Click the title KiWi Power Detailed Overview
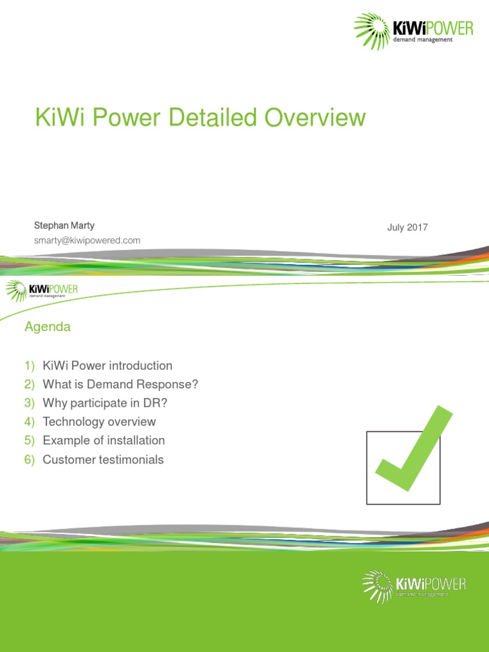click(x=201, y=118)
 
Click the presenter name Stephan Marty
click(x=64, y=226)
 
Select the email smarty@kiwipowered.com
click(x=87, y=240)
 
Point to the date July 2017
click(x=407, y=227)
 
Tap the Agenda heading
click(x=47, y=327)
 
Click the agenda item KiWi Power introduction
click(x=107, y=366)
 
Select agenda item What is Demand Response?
click(x=120, y=385)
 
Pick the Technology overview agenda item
click(x=99, y=422)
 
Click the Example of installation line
click(x=103, y=441)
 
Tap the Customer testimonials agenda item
click(x=103, y=460)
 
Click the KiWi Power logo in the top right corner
click(x=413, y=31)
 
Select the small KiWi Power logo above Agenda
click(x=42, y=290)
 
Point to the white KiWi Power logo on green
click(x=414, y=586)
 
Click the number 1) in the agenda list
click(x=29, y=366)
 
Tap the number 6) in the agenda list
click(x=29, y=460)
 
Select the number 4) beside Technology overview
click(x=29, y=422)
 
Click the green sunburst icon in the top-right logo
click(x=371, y=31)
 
